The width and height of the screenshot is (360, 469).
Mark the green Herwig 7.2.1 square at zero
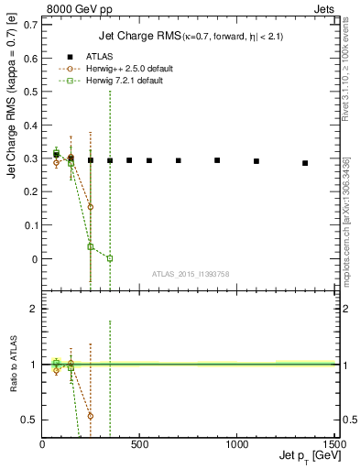coord(110,258)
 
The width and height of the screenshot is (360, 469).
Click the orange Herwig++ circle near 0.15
coord(90,207)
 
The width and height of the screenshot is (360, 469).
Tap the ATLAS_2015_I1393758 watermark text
coord(190,274)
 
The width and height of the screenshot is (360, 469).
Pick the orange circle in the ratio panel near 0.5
coord(90,416)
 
